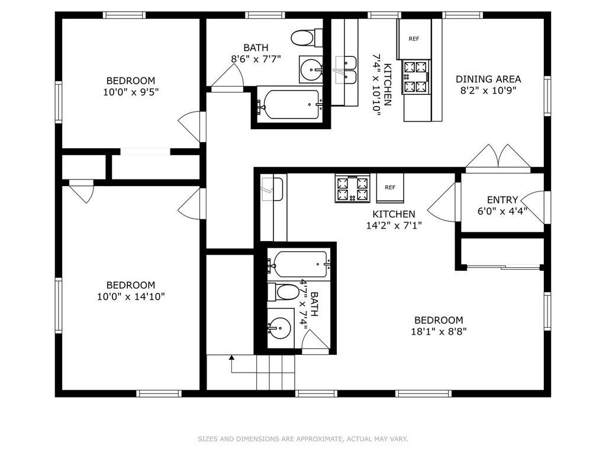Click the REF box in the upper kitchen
(414, 39)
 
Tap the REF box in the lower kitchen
(390, 188)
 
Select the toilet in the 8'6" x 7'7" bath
(307, 38)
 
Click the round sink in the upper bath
(311, 70)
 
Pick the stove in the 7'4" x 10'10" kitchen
(416, 76)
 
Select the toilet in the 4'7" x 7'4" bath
(283, 291)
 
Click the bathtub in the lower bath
(299, 264)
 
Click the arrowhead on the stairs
(231, 357)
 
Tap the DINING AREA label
(488, 79)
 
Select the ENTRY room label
(502, 200)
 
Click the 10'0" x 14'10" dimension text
(131, 297)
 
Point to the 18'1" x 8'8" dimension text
(439, 332)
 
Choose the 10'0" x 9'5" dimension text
(131, 92)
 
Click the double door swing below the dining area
(498, 157)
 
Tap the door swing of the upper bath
(228, 78)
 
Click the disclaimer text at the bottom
(303, 439)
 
